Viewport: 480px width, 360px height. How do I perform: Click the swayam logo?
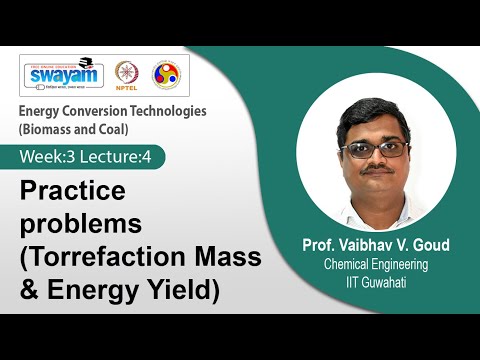[61, 75]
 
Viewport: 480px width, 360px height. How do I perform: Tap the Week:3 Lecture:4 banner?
[89, 156]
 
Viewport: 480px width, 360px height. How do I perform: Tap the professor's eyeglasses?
[374, 148]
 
